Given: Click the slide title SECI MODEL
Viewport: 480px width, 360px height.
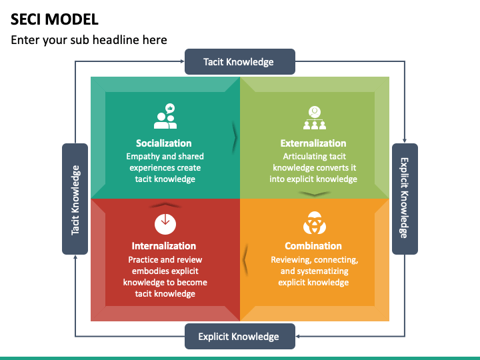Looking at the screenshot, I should [x=55, y=19].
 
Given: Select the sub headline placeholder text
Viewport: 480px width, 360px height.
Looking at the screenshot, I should [x=89, y=40].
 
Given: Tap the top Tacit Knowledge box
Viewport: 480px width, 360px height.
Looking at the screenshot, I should [x=239, y=62].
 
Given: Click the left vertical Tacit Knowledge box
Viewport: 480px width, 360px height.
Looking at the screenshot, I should [x=75, y=199].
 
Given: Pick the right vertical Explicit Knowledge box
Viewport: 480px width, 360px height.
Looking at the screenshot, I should [x=404, y=199].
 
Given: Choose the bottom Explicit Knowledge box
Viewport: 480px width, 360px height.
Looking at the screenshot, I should [x=239, y=336].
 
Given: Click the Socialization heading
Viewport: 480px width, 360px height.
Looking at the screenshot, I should [x=164, y=143].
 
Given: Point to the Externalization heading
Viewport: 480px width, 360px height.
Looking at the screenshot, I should [x=313, y=143].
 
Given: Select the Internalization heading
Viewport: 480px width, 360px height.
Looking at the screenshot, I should [x=164, y=246].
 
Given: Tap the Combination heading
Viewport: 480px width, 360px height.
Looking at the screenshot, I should [x=313, y=246].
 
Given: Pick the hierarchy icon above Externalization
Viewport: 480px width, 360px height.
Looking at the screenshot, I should [x=313, y=117].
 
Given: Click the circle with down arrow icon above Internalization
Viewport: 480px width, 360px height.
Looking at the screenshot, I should [x=165, y=221].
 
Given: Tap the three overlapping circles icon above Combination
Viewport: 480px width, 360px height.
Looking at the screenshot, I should [x=313, y=221].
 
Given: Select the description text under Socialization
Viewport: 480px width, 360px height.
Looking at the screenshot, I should [x=165, y=168].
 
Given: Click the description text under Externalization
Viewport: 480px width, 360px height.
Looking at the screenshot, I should [x=313, y=168].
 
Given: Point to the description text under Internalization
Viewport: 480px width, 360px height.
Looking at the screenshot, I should [x=165, y=277].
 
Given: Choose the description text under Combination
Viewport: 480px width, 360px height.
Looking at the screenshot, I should [x=313, y=271].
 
